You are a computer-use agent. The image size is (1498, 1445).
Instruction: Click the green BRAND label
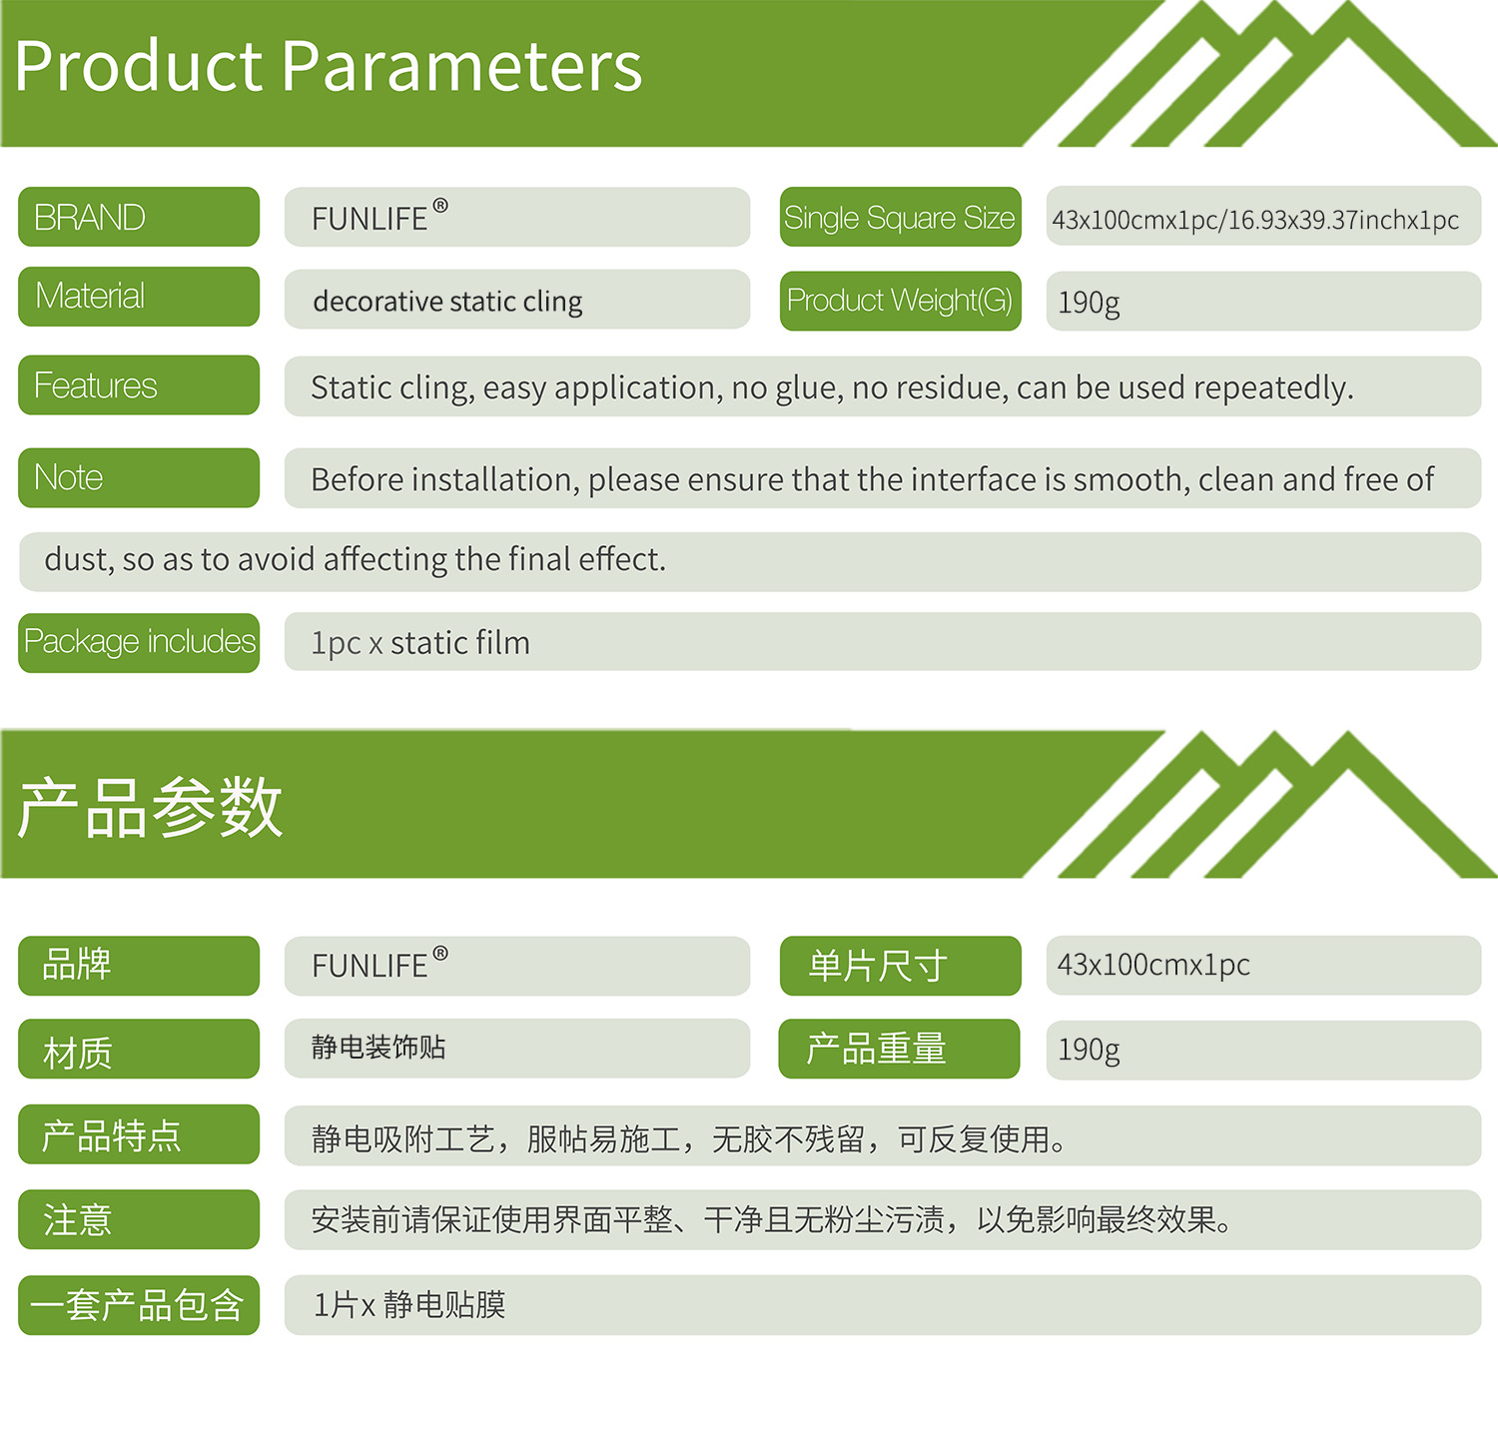click(x=139, y=217)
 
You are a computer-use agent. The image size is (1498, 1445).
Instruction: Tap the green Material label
click(x=139, y=297)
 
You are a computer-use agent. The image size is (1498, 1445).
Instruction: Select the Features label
click(x=139, y=384)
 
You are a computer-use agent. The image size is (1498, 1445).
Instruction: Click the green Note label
click(x=139, y=477)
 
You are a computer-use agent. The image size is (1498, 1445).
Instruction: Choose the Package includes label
click(x=139, y=642)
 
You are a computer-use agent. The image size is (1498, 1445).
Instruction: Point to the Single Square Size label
click(x=900, y=217)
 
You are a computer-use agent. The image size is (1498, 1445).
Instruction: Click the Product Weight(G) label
click(x=900, y=301)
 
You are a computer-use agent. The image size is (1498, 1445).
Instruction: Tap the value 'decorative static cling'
click(x=447, y=301)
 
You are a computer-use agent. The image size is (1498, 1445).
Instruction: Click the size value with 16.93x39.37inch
click(x=1255, y=220)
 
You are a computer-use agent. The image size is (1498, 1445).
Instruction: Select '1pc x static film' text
click(x=420, y=643)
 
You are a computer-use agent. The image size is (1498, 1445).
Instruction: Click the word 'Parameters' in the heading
click(x=462, y=67)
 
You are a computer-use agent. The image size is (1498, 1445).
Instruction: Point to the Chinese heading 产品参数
click(x=151, y=807)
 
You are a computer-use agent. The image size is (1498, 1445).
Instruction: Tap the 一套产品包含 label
click(x=139, y=1305)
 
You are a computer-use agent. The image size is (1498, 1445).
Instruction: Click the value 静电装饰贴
click(x=378, y=1048)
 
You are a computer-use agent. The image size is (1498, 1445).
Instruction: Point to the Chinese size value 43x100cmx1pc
click(x=1153, y=965)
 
